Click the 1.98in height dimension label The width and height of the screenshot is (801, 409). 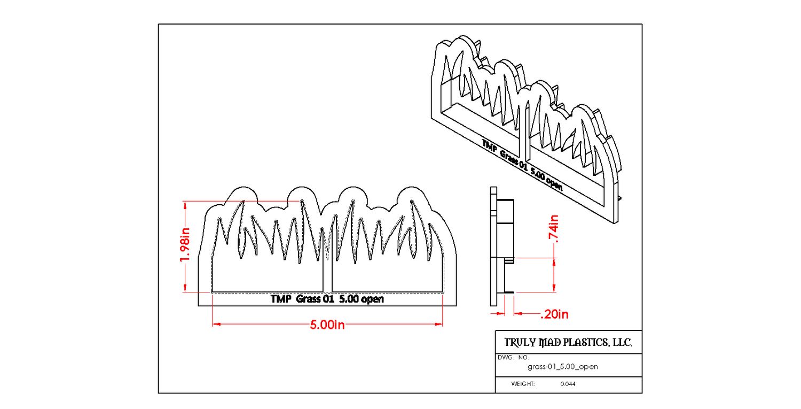(185, 245)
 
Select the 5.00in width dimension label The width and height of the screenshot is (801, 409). (327, 325)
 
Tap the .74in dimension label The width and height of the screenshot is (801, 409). (555, 231)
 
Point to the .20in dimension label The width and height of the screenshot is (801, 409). (554, 314)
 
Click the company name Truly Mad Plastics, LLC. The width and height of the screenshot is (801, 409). (568, 343)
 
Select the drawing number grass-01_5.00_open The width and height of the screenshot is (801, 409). (563, 367)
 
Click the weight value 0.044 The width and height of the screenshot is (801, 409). (568, 384)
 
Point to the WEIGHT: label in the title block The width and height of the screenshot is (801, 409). (523, 384)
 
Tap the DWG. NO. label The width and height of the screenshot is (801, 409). (513, 357)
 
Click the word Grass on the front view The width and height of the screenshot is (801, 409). (307, 299)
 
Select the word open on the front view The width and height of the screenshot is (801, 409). (372, 299)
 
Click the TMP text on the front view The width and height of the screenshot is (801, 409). (280, 299)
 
